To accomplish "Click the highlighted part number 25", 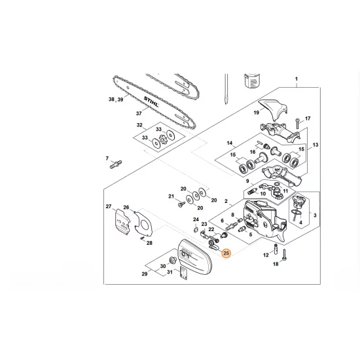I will [226, 253].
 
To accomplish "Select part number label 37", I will [138, 113].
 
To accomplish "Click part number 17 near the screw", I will [308, 118].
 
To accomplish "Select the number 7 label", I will [107, 158].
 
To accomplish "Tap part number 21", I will [171, 196].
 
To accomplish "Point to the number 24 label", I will [196, 219].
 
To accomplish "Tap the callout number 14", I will [229, 143].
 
